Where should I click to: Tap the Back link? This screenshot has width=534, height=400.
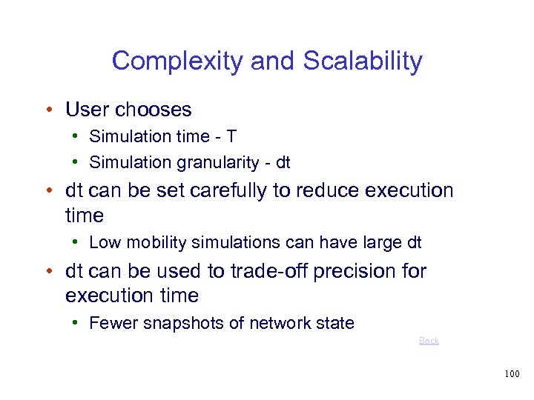(429, 341)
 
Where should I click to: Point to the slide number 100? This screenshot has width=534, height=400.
(511, 374)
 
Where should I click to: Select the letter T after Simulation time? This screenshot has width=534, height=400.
(231, 136)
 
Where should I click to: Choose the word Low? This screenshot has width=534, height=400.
(103, 242)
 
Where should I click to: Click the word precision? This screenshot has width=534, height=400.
(357, 271)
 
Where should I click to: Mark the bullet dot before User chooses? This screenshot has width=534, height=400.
(47, 110)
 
